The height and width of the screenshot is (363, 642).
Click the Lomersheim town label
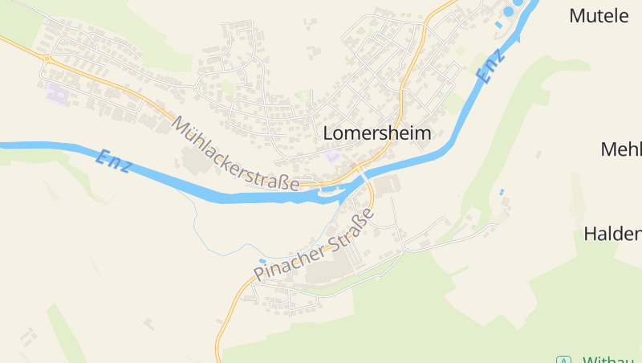point(377,134)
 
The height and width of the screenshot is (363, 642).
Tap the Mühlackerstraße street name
point(235,155)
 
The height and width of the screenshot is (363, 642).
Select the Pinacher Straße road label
point(314,245)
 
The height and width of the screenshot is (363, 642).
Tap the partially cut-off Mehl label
point(621,149)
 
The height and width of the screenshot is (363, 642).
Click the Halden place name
point(612,235)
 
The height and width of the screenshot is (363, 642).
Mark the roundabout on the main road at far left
point(46,59)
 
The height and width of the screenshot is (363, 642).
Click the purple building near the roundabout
point(57,94)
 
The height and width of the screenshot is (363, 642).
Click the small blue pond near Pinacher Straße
point(262,261)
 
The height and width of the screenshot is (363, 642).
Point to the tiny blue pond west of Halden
point(502,192)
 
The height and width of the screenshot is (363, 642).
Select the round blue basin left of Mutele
point(508,11)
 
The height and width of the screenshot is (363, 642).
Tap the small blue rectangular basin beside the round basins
point(498,25)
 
